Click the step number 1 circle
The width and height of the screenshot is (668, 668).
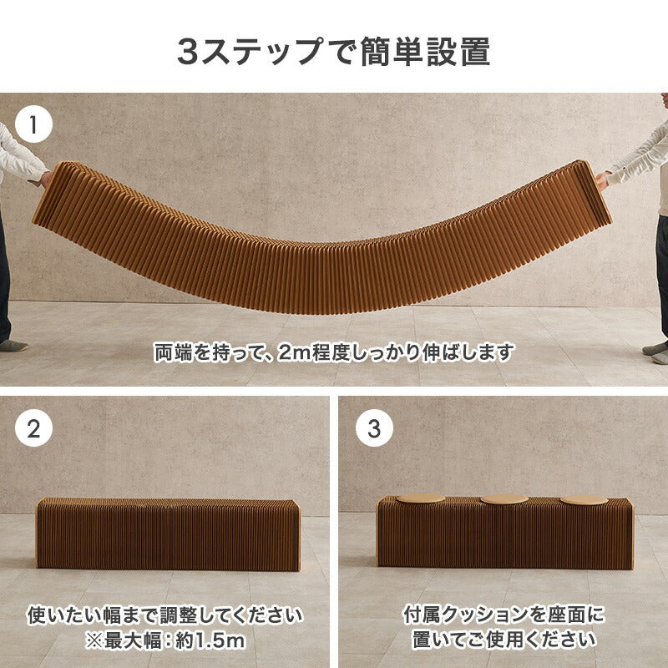point(33,126)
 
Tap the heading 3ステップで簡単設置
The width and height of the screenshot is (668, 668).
point(333,51)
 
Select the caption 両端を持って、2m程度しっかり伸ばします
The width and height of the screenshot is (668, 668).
point(333,352)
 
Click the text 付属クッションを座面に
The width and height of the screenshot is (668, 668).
point(504,616)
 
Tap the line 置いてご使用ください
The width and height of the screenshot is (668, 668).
point(504,640)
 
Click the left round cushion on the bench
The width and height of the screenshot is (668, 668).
point(421,499)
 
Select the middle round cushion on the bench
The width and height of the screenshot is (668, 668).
point(504,499)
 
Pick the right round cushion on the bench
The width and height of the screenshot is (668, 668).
point(584,500)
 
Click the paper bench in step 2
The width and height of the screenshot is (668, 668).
point(168,534)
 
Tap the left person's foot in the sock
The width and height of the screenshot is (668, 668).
point(12,345)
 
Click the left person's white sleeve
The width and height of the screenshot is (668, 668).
point(18,154)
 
